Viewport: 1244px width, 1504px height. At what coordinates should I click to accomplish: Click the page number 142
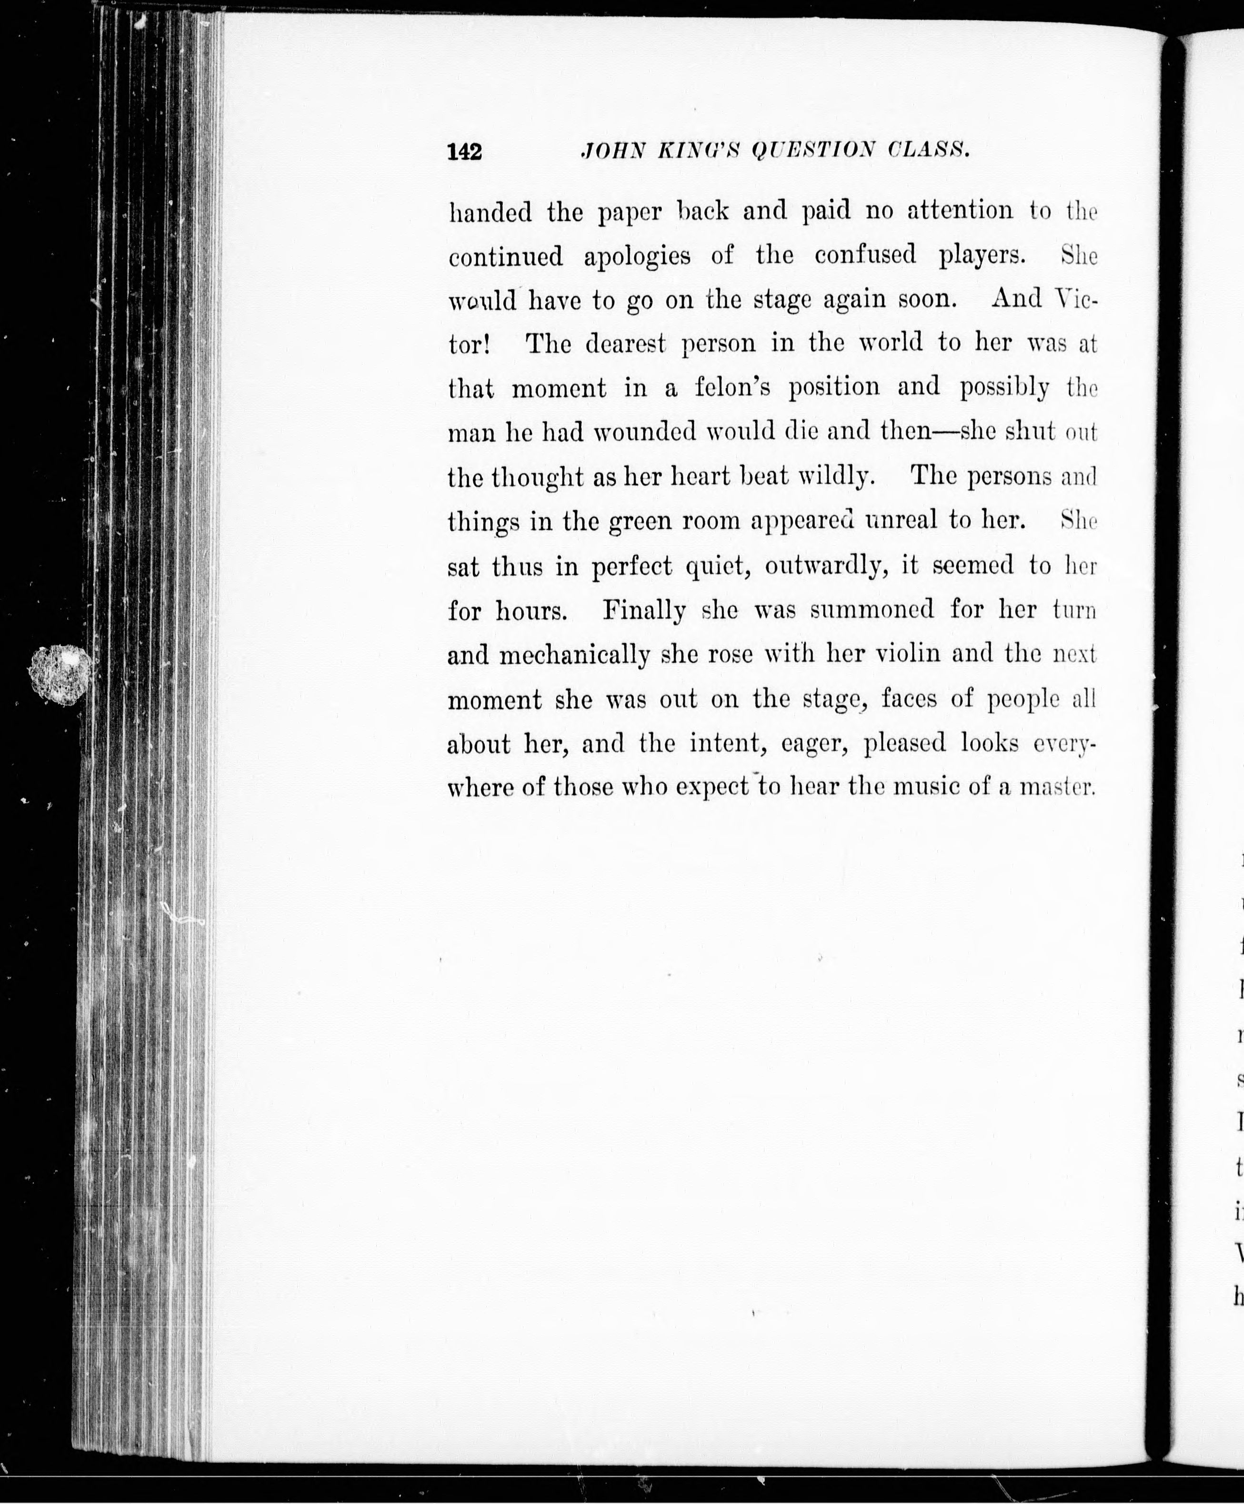click(x=464, y=151)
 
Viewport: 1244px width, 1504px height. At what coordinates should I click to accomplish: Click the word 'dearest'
click(x=626, y=344)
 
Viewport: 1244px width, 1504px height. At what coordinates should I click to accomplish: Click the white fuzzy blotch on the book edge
click(x=59, y=676)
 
